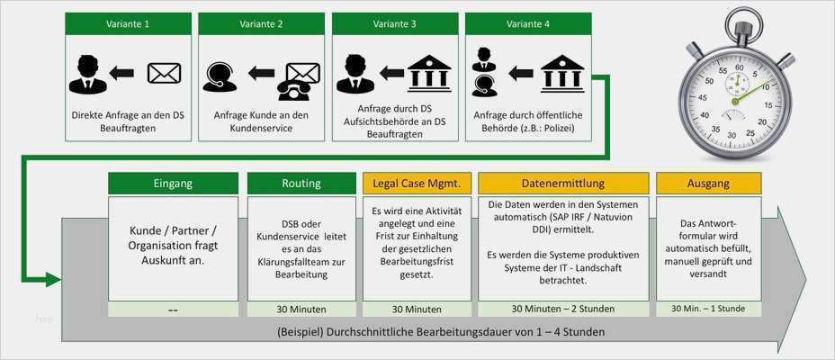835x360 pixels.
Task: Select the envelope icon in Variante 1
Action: click(165, 73)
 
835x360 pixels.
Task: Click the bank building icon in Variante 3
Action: click(430, 73)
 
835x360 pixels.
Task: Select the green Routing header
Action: click(301, 184)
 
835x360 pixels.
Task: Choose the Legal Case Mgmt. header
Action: click(417, 184)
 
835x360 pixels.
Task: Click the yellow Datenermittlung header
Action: click(562, 184)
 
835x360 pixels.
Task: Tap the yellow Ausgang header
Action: click(707, 184)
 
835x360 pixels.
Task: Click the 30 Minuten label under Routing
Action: click(301, 309)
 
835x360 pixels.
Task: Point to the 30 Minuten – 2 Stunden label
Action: click(563, 309)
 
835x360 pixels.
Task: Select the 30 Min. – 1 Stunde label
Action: click(708, 309)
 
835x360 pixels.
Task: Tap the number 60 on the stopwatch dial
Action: click(739, 67)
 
